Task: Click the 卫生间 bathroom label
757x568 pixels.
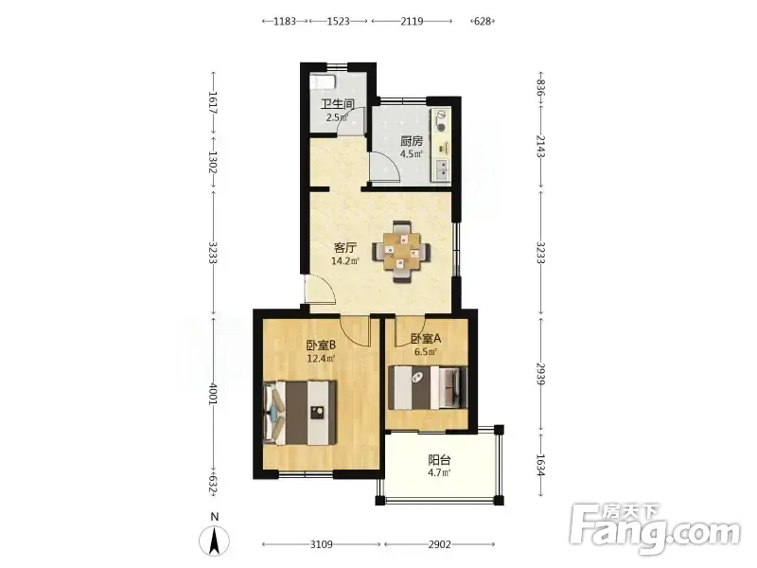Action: pyautogui.click(x=338, y=104)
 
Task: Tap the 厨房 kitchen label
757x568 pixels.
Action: pyautogui.click(x=412, y=141)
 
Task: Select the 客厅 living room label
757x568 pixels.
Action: pyautogui.click(x=345, y=248)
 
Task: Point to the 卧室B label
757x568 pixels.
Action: pyautogui.click(x=321, y=345)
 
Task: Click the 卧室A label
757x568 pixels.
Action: pyautogui.click(x=426, y=339)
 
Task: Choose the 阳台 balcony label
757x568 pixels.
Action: pyautogui.click(x=439, y=460)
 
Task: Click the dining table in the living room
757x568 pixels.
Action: pyautogui.click(x=400, y=251)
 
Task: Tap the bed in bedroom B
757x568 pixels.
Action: pyautogui.click(x=300, y=413)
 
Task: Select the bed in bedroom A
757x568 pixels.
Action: pyautogui.click(x=428, y=387)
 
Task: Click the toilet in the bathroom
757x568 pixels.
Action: pyautogui.click(x=322, y=80)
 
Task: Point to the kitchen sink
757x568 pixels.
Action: pyautogui.click(x=441, y=169)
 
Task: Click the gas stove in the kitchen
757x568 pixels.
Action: pyautogui.click(x=441, y=121)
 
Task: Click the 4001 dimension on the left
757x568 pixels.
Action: pyautogui.click(x=213, y=394)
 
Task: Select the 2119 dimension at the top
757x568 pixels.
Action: pyautogui.click(x=412, y=21)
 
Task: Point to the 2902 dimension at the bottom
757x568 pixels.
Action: pyautogui.click(x=439, y=544)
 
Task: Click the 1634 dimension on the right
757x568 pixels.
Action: pyautogui.click(x=540, y=465)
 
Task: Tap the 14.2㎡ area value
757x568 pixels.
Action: pyautogui.click(x=345, y=261)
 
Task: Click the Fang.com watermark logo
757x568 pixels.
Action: pyautogui.click(x=655, y=529)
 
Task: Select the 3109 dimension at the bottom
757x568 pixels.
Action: pyautogui.click(x=321, y=544)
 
